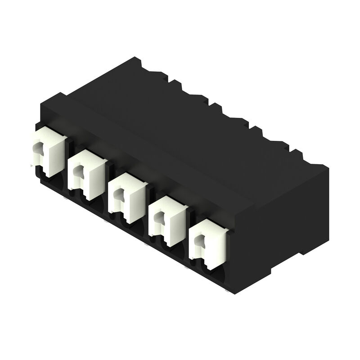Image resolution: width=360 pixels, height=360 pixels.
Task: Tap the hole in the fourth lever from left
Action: coord(158,217)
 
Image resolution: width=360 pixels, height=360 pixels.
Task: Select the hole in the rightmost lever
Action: coord(197,241)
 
